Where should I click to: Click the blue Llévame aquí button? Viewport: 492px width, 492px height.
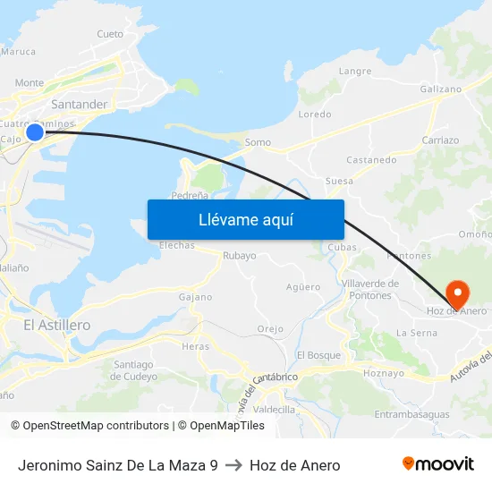245,219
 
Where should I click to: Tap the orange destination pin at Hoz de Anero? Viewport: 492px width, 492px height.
456,293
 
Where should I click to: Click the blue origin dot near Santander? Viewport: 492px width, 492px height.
35,132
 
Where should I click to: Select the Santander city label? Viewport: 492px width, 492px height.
80,105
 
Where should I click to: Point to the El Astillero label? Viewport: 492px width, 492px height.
56,326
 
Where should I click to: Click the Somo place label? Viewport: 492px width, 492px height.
258,142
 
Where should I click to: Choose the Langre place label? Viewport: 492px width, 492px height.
355,72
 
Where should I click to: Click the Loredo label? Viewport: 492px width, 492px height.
314,115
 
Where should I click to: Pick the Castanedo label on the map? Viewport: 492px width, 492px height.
371,160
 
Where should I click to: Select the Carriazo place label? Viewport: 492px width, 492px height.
440,140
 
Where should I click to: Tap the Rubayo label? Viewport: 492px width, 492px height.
239,256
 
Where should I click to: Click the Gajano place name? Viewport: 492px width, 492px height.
196,297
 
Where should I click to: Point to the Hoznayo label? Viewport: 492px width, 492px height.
385,373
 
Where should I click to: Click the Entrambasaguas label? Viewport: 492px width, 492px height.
411,414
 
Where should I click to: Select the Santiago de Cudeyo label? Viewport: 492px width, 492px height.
133,369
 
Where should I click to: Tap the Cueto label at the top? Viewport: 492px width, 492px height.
110,34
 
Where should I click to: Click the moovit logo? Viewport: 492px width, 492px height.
438,464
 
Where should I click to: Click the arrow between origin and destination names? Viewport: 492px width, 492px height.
233,465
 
